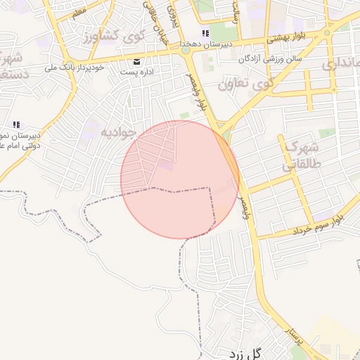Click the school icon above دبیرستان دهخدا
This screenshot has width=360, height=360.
click(205, 33)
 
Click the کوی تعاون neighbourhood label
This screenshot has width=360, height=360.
click(244, 85)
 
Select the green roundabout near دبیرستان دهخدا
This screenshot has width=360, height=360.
click(186, 51)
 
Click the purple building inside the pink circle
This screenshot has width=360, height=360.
click(166, 165)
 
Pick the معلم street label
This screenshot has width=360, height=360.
click(79, 12)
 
